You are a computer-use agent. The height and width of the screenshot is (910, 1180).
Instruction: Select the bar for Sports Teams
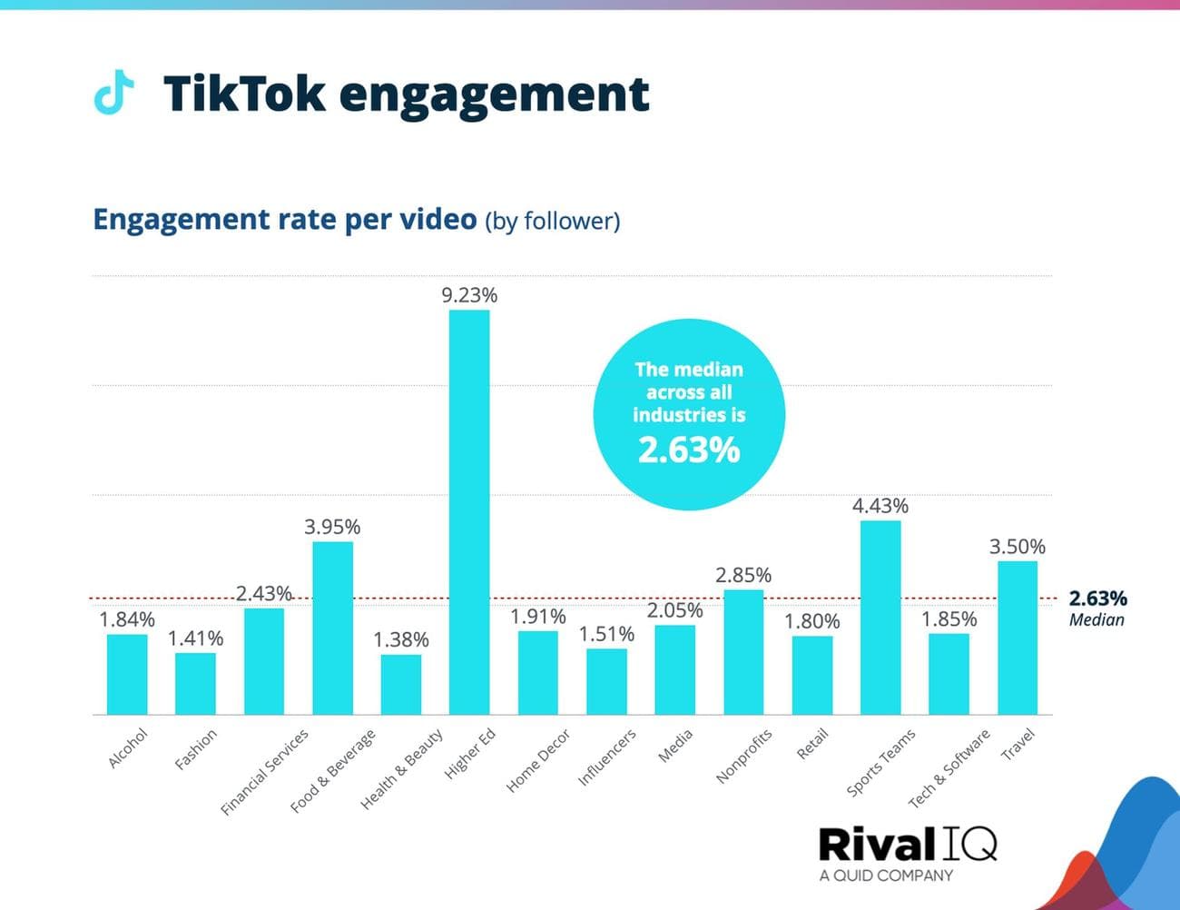pos(880,617)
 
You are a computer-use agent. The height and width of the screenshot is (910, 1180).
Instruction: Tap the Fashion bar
pos(195,683)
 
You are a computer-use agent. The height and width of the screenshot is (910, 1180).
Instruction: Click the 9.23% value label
pos(469,295)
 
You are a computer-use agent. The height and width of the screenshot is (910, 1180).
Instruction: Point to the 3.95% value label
pos(332,527)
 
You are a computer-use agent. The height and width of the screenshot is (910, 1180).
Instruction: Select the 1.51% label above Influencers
pos(606,634)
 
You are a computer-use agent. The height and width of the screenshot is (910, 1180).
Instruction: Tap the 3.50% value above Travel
pos(1017,547)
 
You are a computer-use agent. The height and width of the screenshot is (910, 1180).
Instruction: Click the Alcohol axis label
pos(127,748)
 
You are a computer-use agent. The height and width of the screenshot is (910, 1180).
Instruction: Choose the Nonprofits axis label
pos(743,756)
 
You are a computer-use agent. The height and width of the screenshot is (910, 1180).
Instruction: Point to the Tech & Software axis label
pos(949,768)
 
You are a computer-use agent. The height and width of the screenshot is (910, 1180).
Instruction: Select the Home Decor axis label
pos(538,760)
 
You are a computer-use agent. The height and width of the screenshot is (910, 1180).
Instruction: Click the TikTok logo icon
pos(113,93)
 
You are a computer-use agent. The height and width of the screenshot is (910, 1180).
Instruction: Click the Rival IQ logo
pos(907,844)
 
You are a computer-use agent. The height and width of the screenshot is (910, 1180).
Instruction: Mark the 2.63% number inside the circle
pos(689,450)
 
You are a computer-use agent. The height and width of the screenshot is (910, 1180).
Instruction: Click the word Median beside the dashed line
pos(1096,620)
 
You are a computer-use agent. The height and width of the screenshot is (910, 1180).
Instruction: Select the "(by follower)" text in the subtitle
pos(553,221)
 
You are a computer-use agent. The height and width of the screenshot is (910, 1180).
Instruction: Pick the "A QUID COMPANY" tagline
pos(886,875)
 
